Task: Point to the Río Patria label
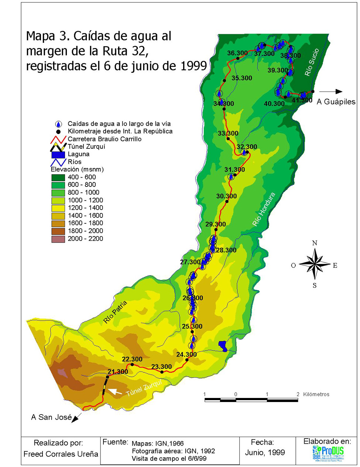(x=115, y=312)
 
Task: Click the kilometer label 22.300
(x=132, y=359)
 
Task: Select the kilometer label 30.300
(x=226, y=196)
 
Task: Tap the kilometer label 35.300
(x=241, y=78)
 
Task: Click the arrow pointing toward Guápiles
(x=331, y=92)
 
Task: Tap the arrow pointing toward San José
(x=77, y=418)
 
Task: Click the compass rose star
(x=315, y=264)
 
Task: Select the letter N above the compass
(x=315, y=243)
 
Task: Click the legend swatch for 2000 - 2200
(x=58, y=239)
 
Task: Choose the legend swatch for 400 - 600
(x=58, y=178)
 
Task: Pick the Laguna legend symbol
(x=58, y=154)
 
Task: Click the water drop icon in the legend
(x=58, y=124)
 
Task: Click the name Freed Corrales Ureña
(x=61, y=454)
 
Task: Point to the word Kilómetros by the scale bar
(x=316, y=394)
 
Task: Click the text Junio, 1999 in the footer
(x=265, y=453)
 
